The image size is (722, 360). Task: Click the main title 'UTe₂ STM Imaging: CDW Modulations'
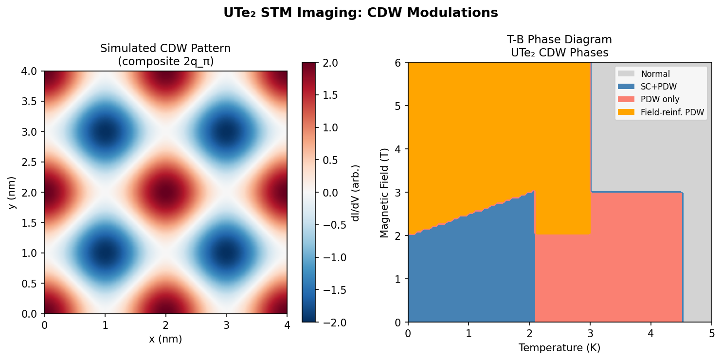361,13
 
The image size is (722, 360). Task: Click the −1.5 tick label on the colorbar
333,290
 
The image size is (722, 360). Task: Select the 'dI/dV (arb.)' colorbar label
355,193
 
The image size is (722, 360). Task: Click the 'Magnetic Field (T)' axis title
384,193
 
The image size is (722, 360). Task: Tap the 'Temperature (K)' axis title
559,348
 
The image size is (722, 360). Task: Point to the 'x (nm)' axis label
165,340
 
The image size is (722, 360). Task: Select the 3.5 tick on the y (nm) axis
31,102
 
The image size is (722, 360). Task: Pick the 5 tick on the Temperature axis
711,334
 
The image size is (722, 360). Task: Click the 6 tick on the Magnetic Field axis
397,63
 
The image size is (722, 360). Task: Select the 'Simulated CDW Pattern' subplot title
165,49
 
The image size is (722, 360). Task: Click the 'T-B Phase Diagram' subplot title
559,40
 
